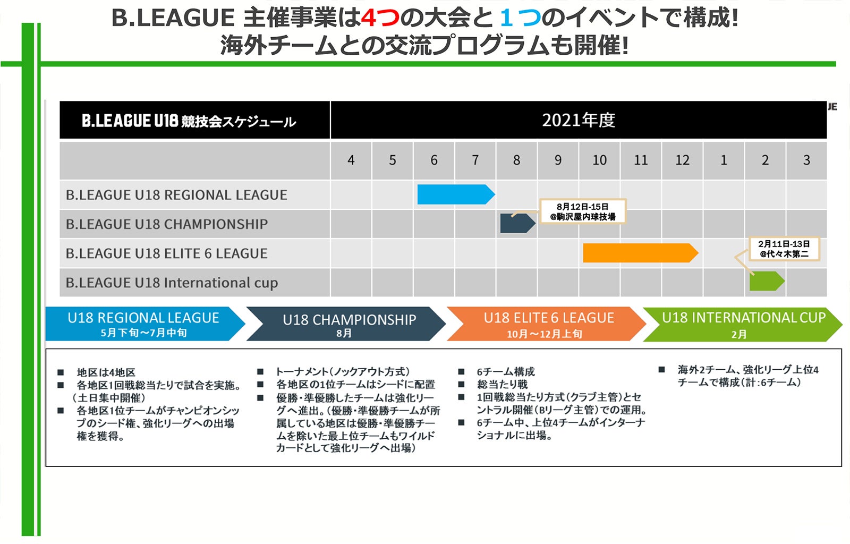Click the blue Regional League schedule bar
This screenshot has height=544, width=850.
coord(456,194)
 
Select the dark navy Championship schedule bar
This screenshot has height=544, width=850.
coord(517,223)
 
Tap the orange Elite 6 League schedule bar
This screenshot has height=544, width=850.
coord(641,253)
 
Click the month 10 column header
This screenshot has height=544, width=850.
coord(600,160)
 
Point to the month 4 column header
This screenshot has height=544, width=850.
coord(351,160)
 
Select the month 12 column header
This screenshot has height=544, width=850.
coord(682,160)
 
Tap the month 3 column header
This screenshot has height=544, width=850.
coord(807,160)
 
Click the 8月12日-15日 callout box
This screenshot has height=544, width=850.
coord(583,211)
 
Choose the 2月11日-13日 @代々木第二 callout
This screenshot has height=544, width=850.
coord(784,249)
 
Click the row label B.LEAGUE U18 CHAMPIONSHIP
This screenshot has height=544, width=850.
coord(167,224)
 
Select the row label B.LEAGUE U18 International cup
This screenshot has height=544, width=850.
coord(172,283)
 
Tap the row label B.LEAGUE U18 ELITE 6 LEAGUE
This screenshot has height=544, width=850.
coord(167,253)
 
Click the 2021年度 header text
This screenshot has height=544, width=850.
coord(579,120)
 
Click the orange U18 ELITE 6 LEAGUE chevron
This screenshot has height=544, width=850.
coord(546,324)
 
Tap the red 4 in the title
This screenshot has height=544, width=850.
coord(369,18)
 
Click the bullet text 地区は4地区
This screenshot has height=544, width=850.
coord(106,372)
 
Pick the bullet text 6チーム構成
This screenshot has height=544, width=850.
coord(505,371)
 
